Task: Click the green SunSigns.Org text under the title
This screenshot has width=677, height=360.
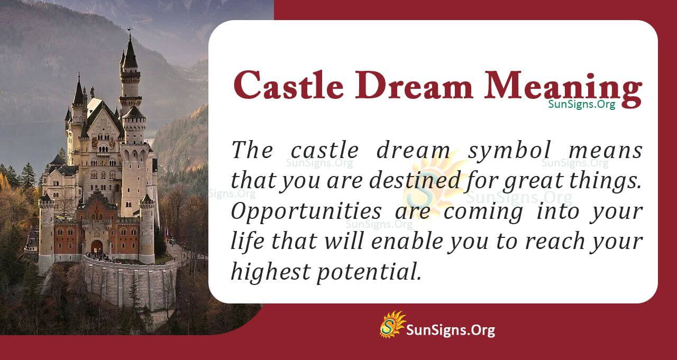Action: [581, 104]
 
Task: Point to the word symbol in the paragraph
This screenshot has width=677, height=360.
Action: [501, 151]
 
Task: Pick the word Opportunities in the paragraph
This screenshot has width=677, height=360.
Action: [307, 212]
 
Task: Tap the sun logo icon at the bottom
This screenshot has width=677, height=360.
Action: [392, 324]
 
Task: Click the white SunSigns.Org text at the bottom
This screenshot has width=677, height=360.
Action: [451, 330]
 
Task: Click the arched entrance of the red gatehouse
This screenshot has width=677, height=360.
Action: [97, 247]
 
